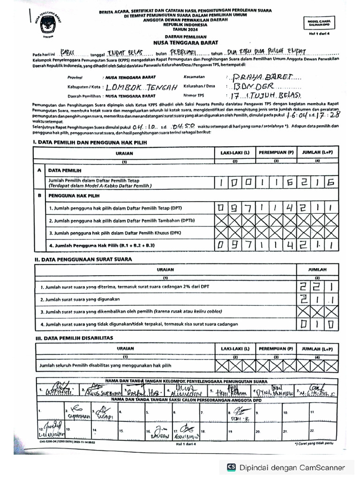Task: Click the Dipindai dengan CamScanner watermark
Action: [286, 467]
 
